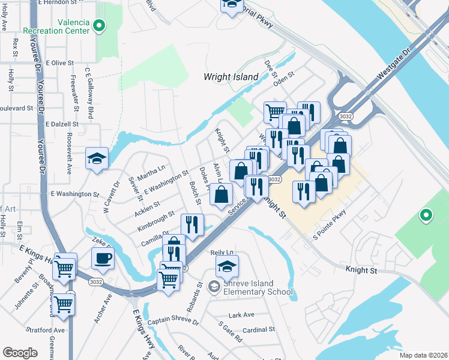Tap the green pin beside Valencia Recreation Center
pos(100,26)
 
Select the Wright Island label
pos(231,77)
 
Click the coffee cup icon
pos(103,258)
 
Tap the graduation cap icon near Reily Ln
pos(227,265)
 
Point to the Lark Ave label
pos(242,314)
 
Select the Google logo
pos(19,352)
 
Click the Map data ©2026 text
pos(423,355)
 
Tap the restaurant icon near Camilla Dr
pos(192,224)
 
